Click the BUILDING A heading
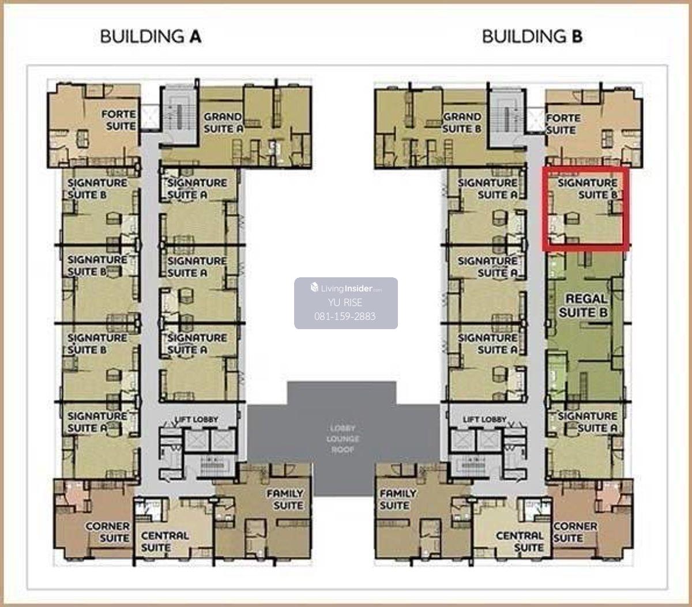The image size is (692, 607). click(151, 36)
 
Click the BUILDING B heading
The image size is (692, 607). click(532, 36)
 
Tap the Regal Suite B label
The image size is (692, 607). click(584, 306)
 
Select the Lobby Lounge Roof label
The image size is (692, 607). click(343, 439)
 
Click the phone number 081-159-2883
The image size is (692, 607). click(345, 316)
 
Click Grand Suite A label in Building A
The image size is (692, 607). click(223, 123)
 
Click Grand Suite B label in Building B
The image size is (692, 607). click(462, 123)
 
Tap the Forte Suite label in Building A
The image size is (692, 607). click(119, 120)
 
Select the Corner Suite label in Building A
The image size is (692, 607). click(108, 532)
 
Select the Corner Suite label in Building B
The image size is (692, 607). click(576, 532)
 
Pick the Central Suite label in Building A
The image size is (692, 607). click(165, 542)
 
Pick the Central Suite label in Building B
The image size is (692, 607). click(520, 542)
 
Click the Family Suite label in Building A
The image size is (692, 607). click(285, 499)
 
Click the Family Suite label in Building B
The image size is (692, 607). click(398, 499)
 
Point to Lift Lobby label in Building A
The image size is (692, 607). click(196, 420)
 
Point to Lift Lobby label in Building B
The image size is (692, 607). click(484, 420)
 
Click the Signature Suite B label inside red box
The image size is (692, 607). click(588, 189)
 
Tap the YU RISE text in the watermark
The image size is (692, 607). click(345, 303)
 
